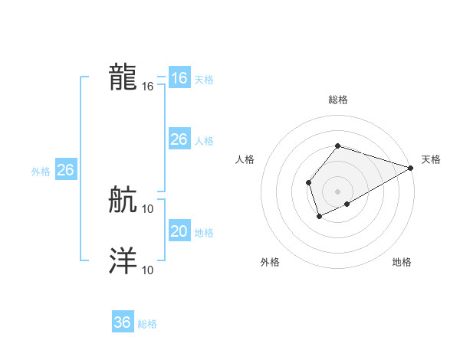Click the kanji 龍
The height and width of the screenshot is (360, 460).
[x=123, y=77]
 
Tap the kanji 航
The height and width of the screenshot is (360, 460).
[x=123, y=201]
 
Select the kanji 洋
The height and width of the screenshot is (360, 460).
[x=123, y=260]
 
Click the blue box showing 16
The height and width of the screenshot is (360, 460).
[x=179, y=78]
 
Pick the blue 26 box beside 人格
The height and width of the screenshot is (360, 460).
[x=179, y=139]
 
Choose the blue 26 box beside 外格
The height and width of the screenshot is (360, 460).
[x=65, y=170]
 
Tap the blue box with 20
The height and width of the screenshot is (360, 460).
[x=179, y=231]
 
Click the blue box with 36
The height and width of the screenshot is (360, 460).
[x=123, y=322]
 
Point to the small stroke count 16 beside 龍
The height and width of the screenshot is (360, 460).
[x=148, y=87]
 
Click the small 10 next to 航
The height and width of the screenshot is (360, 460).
[x=148, y=208]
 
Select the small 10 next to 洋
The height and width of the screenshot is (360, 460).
[x=148, y=270]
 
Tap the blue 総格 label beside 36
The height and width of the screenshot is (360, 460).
[x=148, y=324]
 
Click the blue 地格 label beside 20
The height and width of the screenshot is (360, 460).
[x=204, y=233]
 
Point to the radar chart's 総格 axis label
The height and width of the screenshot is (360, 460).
[x=337, y=100]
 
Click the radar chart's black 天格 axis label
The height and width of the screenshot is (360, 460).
[x=431, y=159]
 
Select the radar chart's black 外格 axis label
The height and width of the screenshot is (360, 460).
[x=270, y=262]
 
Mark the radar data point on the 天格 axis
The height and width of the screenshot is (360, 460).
[x=411, y=168]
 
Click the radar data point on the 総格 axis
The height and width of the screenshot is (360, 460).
[x=337, y=146]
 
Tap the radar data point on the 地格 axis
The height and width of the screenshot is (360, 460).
[x=347, y=204]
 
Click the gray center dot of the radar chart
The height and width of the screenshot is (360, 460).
[x=337, y=191]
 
